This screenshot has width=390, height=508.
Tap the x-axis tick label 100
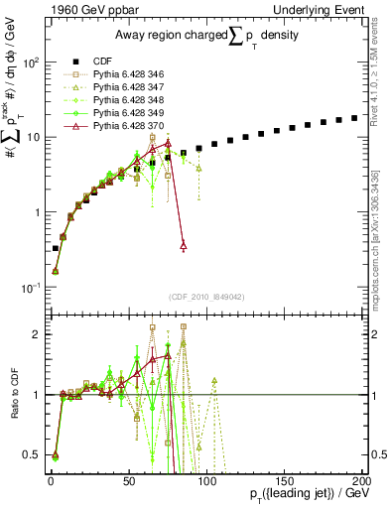(x=206, y=480)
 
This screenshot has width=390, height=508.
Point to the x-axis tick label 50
(x=129, y=480)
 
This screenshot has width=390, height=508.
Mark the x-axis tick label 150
(x=284, y=480)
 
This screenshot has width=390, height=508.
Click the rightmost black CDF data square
(x=354, y=118)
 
